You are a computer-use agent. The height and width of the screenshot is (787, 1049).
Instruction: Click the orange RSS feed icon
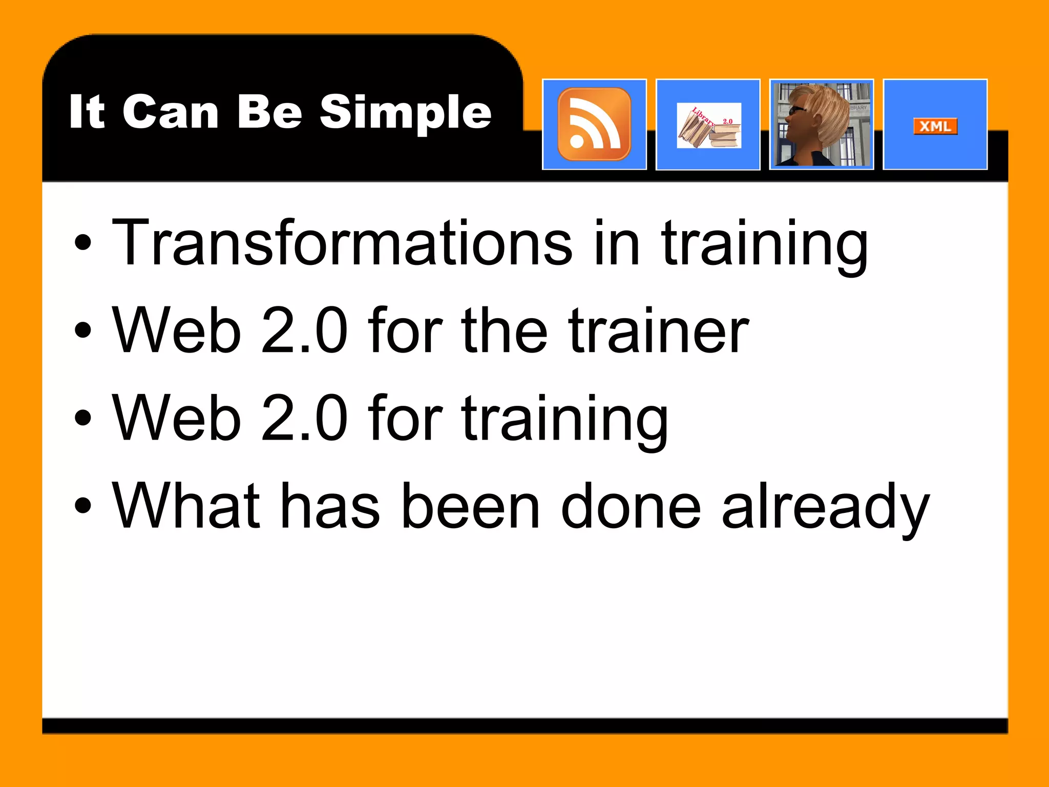coord(594,125)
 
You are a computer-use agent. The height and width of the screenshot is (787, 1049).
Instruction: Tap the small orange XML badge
coord(935,126)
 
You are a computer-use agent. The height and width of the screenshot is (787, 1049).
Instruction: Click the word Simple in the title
coord(406,113)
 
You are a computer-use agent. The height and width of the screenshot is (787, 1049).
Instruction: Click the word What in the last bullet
coord(186,506)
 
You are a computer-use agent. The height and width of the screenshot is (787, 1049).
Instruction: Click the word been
coord(471,506)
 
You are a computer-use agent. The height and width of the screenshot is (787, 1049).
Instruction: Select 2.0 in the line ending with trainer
coord(304,330)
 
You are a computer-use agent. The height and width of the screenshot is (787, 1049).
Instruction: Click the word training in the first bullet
coord(764,243)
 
